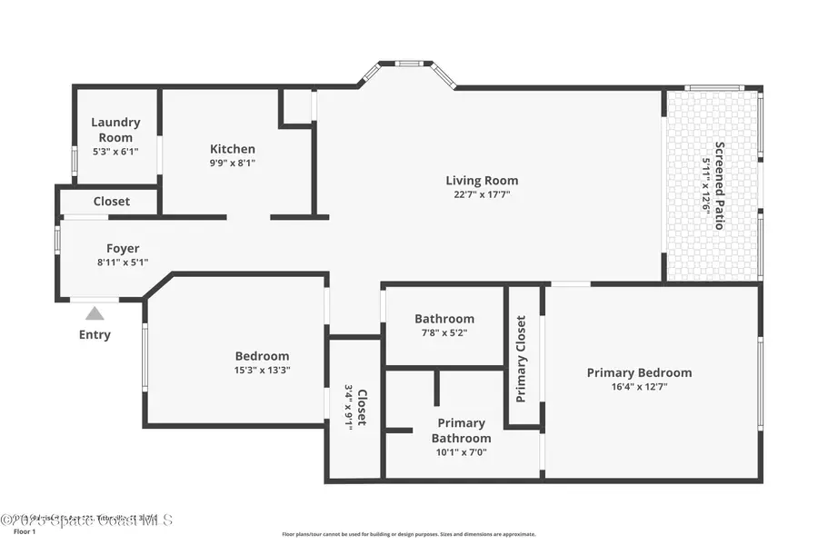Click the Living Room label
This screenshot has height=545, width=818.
pos(481,180)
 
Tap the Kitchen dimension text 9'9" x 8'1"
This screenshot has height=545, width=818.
pos(233,163)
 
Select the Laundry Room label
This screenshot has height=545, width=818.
pos(115,130)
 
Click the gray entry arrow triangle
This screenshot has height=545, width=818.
pos(95,313)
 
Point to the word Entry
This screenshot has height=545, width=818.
pos(95,334)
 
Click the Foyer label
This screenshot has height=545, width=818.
pos(123,248)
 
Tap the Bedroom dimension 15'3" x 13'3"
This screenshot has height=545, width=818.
pos(262,370)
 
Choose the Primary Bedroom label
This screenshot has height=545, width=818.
pos(639,372)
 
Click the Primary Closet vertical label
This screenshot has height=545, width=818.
pos(521,359)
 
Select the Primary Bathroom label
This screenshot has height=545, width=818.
pos(462,431)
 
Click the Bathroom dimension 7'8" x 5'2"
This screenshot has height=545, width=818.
pos(444,333)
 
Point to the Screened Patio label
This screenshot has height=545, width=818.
pos(720,185)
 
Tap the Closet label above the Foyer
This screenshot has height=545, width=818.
pos(111,201)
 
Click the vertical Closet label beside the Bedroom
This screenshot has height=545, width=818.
pos(361,408)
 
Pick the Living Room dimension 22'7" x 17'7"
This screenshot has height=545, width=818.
pos(481,194)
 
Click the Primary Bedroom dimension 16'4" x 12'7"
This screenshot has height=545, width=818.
pos(639,387)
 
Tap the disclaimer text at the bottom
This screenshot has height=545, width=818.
pos(408,534)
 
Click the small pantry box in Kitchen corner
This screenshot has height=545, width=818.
pos(296,107)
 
